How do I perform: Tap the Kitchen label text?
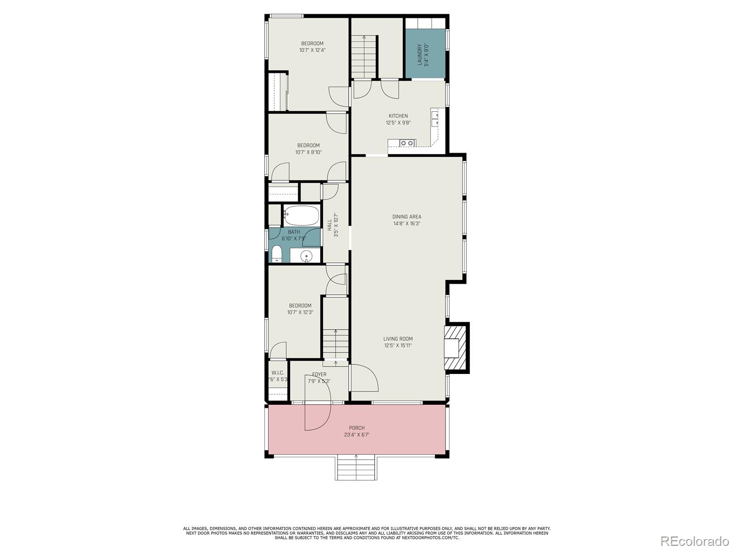coord(398,116)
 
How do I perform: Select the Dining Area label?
coord(406,217)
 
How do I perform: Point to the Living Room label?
coord(398,339)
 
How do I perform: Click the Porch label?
coord(356,428)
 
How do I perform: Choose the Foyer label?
coord(319,374)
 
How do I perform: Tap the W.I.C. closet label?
coord(278,373)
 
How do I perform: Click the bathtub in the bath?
coord(301,215)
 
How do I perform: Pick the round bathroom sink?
coord(306,256)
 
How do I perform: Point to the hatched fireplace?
coord(456,347)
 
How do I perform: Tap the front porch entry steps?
coord(356,468)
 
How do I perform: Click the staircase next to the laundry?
coord(364,57)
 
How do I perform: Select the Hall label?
coord(329,225)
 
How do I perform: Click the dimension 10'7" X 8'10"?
coord(308,152)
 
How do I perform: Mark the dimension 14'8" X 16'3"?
coord(406,224)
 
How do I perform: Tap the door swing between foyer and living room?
coord(365,377)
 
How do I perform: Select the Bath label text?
coord(294,232)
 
